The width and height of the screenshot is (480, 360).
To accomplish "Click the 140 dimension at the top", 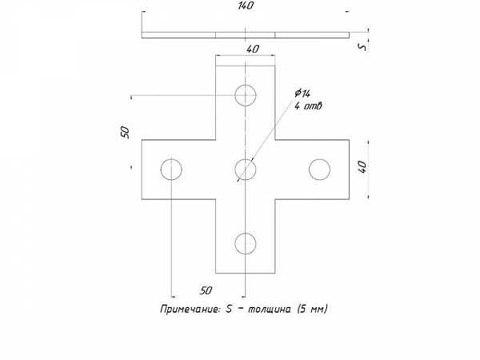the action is coord(246,6).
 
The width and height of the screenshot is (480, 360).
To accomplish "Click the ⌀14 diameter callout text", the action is coord(302,94).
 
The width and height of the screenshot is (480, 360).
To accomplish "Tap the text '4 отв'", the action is coord(308,106).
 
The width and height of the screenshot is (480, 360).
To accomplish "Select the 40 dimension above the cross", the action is coord(253,49).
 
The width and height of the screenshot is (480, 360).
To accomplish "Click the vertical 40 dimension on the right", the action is coord(362,167).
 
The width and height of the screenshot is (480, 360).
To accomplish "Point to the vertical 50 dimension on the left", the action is coord(126,132).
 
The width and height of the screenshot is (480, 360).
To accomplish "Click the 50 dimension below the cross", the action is coord(206,290).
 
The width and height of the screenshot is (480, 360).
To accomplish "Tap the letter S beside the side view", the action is coord(362,46).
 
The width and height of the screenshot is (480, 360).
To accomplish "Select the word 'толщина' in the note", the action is coord(269,309).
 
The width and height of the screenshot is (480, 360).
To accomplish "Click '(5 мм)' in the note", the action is coord(313,309).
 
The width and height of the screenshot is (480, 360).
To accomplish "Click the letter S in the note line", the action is coord(229,309).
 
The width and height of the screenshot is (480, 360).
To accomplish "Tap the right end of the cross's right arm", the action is coord(350,170).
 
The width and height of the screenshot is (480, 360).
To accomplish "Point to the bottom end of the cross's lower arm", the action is coord(246,273).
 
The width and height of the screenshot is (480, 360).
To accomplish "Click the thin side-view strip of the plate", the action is coord(246,35).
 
